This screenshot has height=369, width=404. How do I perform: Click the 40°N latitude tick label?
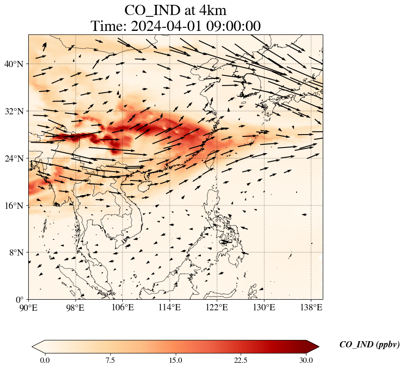tap(16, 64)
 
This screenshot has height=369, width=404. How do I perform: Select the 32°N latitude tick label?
tap(16, 111)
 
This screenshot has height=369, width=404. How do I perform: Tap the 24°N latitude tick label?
tap(16, 158)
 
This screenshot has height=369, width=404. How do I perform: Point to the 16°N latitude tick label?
tap(16, 206)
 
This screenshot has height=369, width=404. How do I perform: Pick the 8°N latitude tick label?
tap(18, 252)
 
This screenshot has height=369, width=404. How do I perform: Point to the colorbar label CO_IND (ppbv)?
tap(370, 345)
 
